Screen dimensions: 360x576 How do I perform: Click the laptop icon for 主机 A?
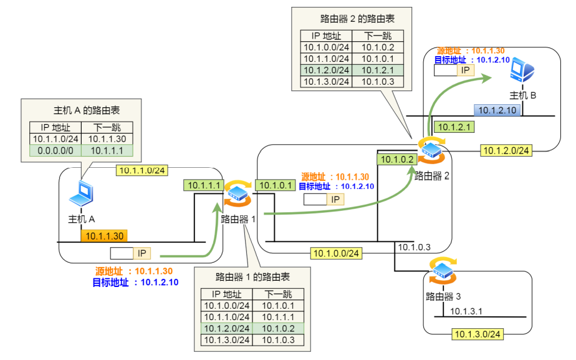click(82, 194)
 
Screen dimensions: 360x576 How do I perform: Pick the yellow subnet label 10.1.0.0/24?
click(336, 253)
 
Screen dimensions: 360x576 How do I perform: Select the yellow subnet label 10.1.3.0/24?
click(478, 334)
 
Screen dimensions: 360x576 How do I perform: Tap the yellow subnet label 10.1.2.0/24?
click(506, 150)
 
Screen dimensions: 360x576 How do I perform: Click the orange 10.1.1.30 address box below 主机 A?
click(105, 235)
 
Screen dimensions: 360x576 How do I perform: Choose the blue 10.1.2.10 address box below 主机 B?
click(496, 110)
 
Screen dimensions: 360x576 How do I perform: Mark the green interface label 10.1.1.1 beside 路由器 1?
click(203, 185)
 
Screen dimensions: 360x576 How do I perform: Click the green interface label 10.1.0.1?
click(275, 185)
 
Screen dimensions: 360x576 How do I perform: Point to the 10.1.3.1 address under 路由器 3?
click(466, 311)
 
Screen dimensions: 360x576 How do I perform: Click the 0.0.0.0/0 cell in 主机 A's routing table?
click(55, 150)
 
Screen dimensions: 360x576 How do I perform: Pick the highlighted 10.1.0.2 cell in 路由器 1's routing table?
click(279, 328)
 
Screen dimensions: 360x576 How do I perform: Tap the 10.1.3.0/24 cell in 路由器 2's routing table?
click(326, 82)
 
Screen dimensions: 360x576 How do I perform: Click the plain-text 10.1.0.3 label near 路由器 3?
click(414, 247)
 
